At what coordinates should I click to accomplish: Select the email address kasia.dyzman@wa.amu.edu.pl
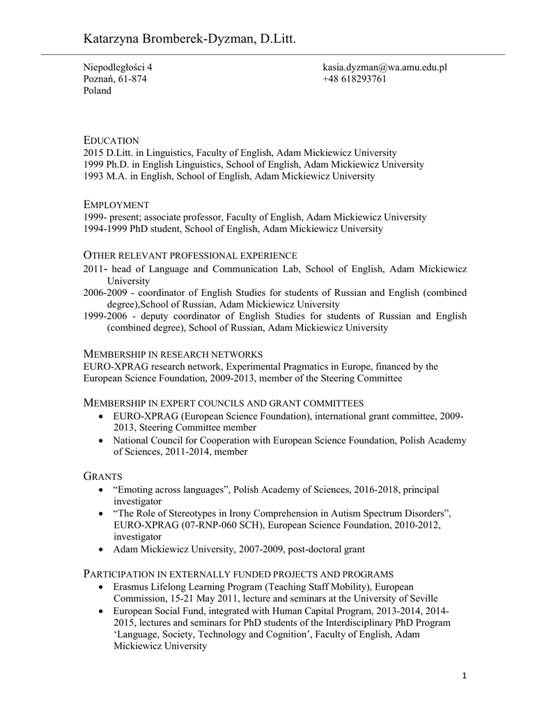pyautogui.click(x=384, y=67)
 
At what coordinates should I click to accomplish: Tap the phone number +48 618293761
pyautogui.click(x=354, y=79)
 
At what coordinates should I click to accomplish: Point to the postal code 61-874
pyautogui.click(x=132, y=79)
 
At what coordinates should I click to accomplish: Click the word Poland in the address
pyautogui.click(x=97, y=91)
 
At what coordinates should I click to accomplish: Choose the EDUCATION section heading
pyautogui.click(x=111, y=141)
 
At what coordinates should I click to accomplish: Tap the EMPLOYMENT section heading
pyautogui.click(x=116, y=205)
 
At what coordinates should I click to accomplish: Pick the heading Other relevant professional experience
pyautogui.click(x=190, y=256)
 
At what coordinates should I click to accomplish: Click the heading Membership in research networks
pyautogui.click(x=173, y=354)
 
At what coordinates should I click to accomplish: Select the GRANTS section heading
pyautogui.click(x=103, y=476)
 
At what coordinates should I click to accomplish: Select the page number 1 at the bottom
pyautogui.click(x=464, y=675)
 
